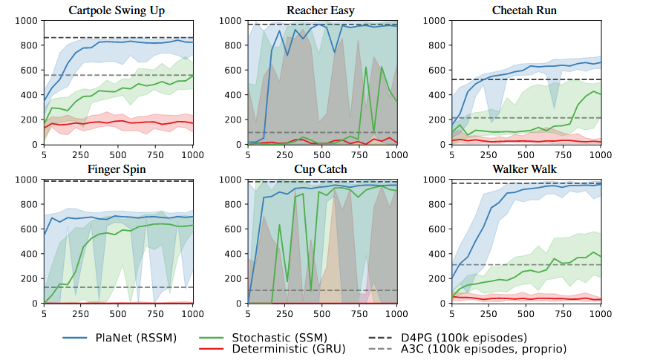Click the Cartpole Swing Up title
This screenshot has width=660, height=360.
117,10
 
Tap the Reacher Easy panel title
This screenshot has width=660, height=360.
321,10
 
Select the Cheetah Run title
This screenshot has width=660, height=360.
525,10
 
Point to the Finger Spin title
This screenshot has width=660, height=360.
117,169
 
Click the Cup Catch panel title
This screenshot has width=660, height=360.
321,169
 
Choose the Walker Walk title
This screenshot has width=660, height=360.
525,169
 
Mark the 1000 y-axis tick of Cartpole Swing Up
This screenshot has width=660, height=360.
27,21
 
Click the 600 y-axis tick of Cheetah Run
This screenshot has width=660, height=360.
436,71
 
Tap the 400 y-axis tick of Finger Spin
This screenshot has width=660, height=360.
30,254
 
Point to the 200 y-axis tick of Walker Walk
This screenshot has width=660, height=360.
436,279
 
